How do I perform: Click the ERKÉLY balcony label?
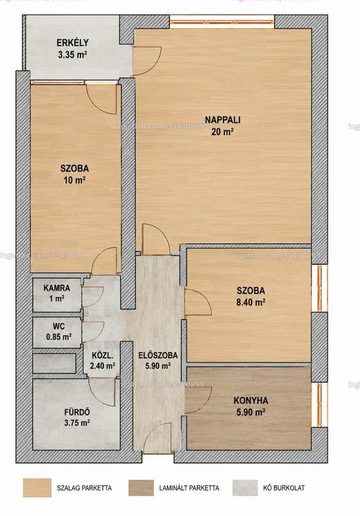(72, 43)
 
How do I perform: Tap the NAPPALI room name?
(223, 120)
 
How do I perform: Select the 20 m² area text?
(223, 132)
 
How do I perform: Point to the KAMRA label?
(57, 288)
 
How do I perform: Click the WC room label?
(59, 327)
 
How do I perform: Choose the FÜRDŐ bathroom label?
(77, 412)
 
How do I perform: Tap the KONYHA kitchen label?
(251, 401)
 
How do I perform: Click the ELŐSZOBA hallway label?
(158, 355)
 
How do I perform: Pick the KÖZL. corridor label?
(103, 356)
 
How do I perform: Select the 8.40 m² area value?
(251, 302)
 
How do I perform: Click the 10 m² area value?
(75, 180)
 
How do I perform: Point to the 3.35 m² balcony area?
(72, 55)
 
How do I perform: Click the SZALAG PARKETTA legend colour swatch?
(37, 488)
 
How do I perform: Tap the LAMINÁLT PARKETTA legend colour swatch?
(141, 488)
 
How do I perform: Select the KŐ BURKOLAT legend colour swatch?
(245, 488)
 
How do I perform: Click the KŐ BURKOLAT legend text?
(284, 488)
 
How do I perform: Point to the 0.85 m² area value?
(59, 337)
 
